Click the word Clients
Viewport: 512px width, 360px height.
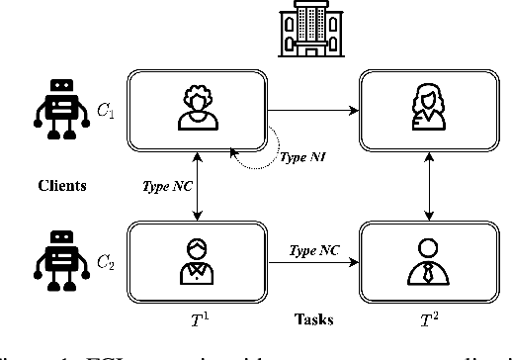(62, 184)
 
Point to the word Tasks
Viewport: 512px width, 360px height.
(315, 320)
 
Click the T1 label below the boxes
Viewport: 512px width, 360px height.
(198, 318)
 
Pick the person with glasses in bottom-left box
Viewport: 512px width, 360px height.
(199, 259)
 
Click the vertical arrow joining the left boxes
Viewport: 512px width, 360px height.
(199, 184)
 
